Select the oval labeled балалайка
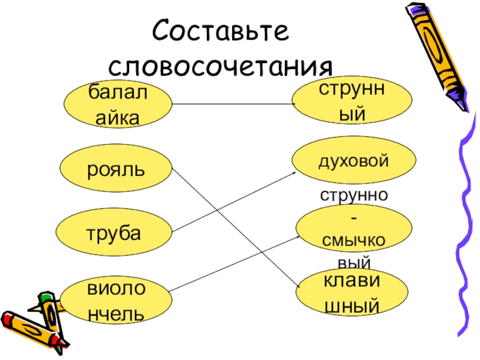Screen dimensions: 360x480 [116, 104]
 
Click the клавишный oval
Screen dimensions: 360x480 [351, 292]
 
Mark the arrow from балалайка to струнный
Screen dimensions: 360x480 [234, 104]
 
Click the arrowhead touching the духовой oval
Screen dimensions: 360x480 [294, 173]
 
